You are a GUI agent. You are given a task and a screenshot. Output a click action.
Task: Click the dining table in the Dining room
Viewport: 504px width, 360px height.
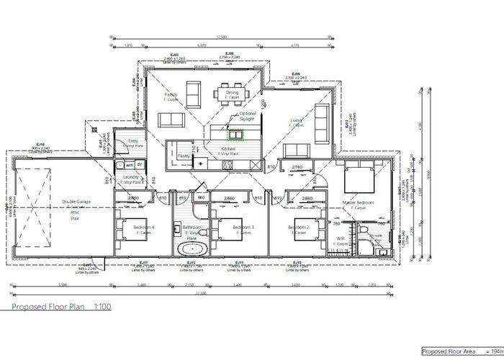click(x=231, y=94)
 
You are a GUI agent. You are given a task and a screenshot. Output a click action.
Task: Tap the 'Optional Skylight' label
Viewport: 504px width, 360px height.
click(x=247, y=116)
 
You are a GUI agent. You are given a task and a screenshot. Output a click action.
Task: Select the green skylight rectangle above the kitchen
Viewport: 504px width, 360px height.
click(x=235, y=133)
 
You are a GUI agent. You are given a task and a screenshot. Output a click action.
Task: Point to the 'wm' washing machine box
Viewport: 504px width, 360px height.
click(x=130, y=164)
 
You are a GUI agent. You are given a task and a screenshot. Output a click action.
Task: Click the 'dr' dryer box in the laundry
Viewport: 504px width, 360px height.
click(x=141, y=164)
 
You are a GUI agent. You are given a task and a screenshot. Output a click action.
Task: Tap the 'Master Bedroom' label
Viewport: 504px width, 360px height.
click(x=358, y=203)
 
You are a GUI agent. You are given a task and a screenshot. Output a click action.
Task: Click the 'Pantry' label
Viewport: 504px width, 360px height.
click(x=184, y=155)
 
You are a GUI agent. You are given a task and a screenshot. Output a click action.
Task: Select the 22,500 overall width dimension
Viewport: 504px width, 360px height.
click(x=200, y=293)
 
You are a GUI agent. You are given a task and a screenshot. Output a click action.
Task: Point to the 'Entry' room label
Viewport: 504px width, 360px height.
click(x=133, y=141)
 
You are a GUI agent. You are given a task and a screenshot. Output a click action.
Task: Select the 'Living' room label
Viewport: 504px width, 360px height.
click(x=296, y=121)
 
